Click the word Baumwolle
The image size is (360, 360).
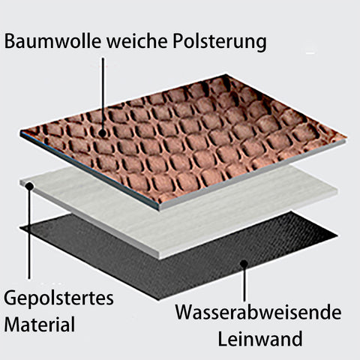(x=52, y=41)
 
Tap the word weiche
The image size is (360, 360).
(x=137, y=41)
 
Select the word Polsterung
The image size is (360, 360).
(x=220, y=43)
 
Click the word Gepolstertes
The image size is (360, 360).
(x=58, y=299)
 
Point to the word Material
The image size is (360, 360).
(x=40, y=324)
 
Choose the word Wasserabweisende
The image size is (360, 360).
(x=258, y=312)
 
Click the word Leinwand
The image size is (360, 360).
(x=260, y=338)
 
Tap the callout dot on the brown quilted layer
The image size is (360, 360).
(x=102, y=133)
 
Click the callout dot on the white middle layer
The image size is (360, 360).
(x=29, y=186)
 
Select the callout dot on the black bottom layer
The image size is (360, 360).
(x=244, y=264)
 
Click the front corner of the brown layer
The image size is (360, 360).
(x=159, y=209)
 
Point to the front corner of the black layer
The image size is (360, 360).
(x=158, y=299)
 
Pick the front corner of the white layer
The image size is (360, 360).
(x=159, y=259)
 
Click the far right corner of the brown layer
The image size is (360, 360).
(x=346, y=138)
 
